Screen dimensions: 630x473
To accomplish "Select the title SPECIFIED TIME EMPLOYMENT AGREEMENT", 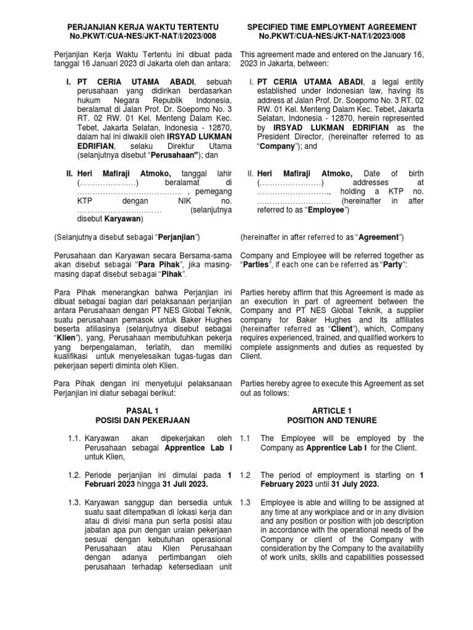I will click(332, 28).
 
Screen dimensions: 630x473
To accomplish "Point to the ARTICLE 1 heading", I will click(332, 410).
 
